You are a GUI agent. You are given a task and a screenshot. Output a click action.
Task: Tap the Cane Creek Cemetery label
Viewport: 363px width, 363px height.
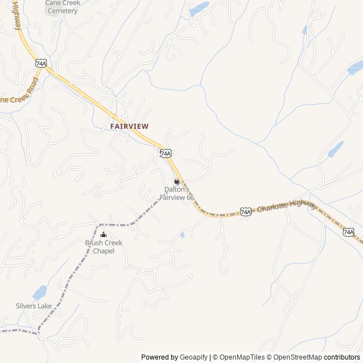coord(62,7)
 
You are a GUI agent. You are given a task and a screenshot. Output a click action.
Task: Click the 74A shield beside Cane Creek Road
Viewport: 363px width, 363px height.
coord(40,62)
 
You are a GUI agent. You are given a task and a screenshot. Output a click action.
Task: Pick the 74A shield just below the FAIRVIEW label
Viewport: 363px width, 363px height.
coord(166,153)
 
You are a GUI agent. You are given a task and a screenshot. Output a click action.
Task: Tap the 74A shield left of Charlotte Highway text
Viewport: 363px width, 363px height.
coord(245,212)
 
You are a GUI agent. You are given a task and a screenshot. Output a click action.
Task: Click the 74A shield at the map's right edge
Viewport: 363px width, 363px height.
coord(348,232)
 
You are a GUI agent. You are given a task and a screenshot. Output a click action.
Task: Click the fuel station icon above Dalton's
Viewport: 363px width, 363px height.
coord(177,181)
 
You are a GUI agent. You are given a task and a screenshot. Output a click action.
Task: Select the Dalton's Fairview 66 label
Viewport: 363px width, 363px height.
coord(176,193)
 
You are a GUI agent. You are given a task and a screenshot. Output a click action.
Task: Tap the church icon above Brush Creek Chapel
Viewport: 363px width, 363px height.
coord(103,234)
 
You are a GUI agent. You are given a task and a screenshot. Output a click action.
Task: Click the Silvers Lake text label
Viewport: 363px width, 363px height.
coord(33,306)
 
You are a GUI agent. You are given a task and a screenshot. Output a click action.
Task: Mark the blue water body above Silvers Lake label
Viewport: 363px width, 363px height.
coord(39,293)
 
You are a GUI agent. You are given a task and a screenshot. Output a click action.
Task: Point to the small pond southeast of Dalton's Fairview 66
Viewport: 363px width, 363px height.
coord(182,234)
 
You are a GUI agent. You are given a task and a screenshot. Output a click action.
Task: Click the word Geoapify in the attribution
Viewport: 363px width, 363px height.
coord(193,357)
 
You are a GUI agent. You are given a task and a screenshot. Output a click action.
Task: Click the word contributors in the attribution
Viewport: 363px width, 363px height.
coord(342,357)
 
